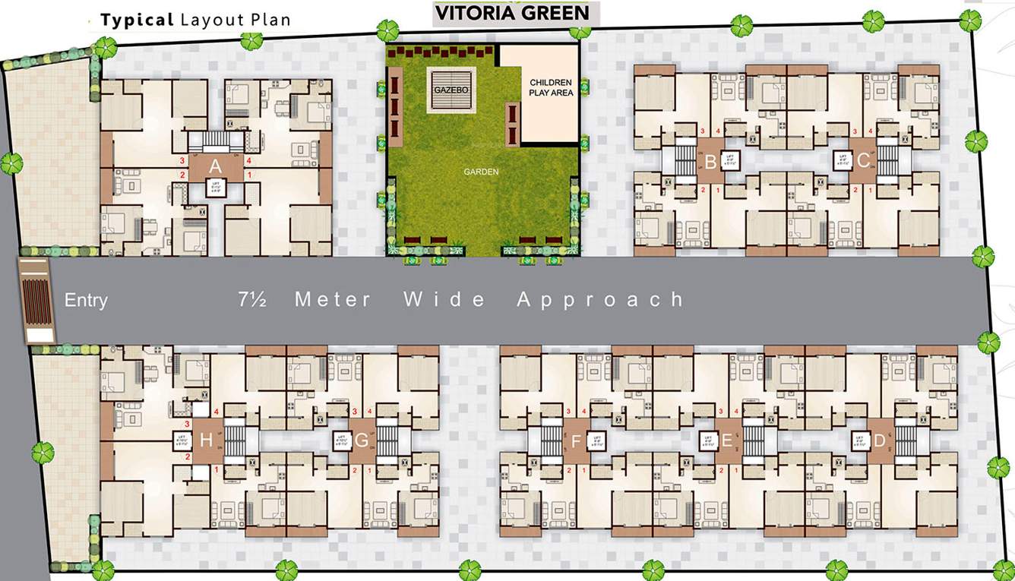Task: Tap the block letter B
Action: (x=710, y=161)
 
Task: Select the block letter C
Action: (x=864, y=161)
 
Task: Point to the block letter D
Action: (x=879, y=440)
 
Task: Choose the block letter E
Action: (x=726, y=440)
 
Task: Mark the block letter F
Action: (x=575, y=440)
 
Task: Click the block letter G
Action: (x=362, y=440)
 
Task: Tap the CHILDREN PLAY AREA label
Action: (x=551, y=87)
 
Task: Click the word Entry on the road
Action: (x=86, y=300)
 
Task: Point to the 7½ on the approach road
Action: (x=252, y=299)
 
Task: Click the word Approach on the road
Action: (x=600, y=299)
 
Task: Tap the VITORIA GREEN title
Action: (x=511, y=13)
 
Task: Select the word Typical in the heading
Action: (x=138, y=20)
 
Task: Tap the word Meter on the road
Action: (x=334, y=299)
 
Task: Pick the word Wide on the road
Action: (x=444, y=299)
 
